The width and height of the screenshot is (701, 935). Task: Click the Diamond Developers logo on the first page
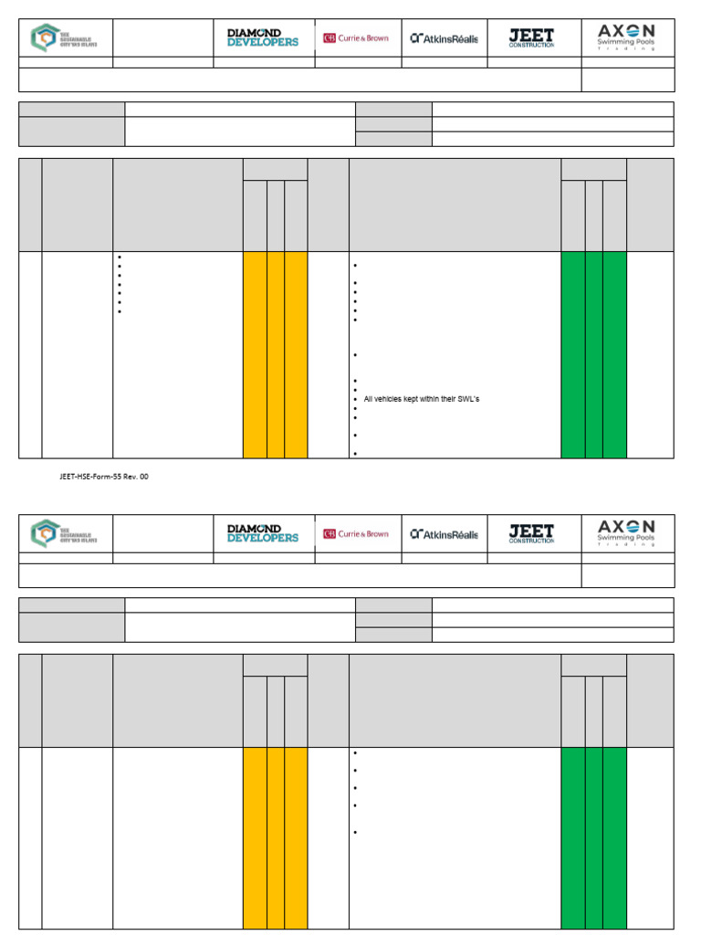(263, 37)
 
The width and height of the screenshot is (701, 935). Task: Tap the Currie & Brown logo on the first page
(356, 38)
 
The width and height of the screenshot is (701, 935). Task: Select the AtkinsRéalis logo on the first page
(445, 38)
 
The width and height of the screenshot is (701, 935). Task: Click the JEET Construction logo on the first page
(532, 37)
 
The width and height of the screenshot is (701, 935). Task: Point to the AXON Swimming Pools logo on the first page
(626, 37)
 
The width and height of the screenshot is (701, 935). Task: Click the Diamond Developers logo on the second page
(263, 533)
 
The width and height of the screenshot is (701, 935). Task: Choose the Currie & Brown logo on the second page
(356, 534)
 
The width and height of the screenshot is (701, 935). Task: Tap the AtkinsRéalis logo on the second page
(445, 534)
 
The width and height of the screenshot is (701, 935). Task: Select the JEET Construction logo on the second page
(532, 533)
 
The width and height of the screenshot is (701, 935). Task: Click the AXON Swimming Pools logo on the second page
(626, 533)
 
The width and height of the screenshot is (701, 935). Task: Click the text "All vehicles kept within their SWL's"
(422, 399)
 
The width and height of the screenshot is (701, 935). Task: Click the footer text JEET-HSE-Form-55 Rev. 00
(103, 477)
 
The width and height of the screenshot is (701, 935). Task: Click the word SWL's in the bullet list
(466, 399)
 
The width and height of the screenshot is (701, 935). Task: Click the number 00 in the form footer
(143, 477)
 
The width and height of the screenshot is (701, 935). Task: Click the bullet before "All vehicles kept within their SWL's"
(354, 399)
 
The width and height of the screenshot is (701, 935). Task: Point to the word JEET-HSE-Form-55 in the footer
(89, 477)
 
